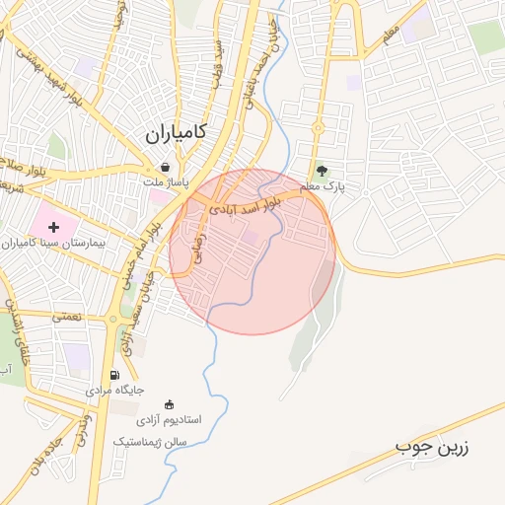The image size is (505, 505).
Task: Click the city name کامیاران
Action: [175, 133]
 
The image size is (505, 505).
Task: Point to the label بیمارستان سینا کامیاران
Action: [59, 242]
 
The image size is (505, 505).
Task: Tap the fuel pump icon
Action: [115, 375]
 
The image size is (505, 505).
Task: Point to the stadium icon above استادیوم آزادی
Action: [170, 403]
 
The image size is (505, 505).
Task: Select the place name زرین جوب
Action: [433, 447]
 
